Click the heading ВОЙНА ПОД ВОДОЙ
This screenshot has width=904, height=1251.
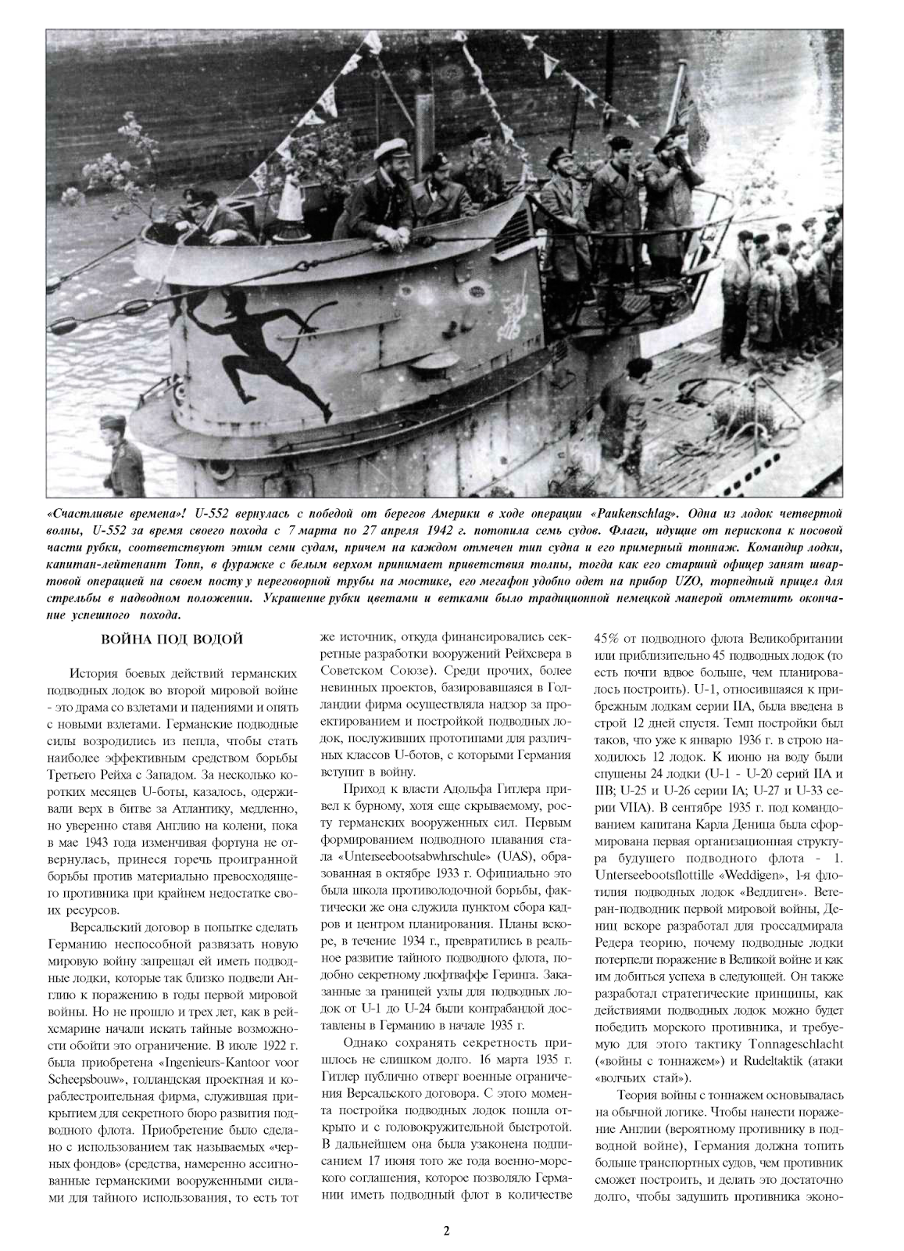click(173, 640)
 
